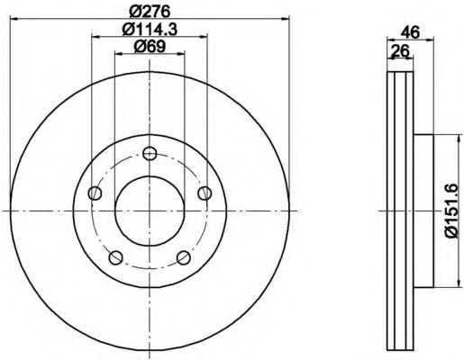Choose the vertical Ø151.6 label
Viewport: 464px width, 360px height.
[x=451, y=211]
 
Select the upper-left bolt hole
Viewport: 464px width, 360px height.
[x=95, y=192]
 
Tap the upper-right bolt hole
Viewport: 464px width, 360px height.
[x=205, y=192]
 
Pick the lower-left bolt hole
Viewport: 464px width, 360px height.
[x=115, y=257]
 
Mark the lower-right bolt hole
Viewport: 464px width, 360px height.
[x=184, y=257]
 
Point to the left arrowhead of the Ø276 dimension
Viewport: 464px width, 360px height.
[x=11, y=19]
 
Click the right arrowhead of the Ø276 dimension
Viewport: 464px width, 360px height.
[x=289, y=19]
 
